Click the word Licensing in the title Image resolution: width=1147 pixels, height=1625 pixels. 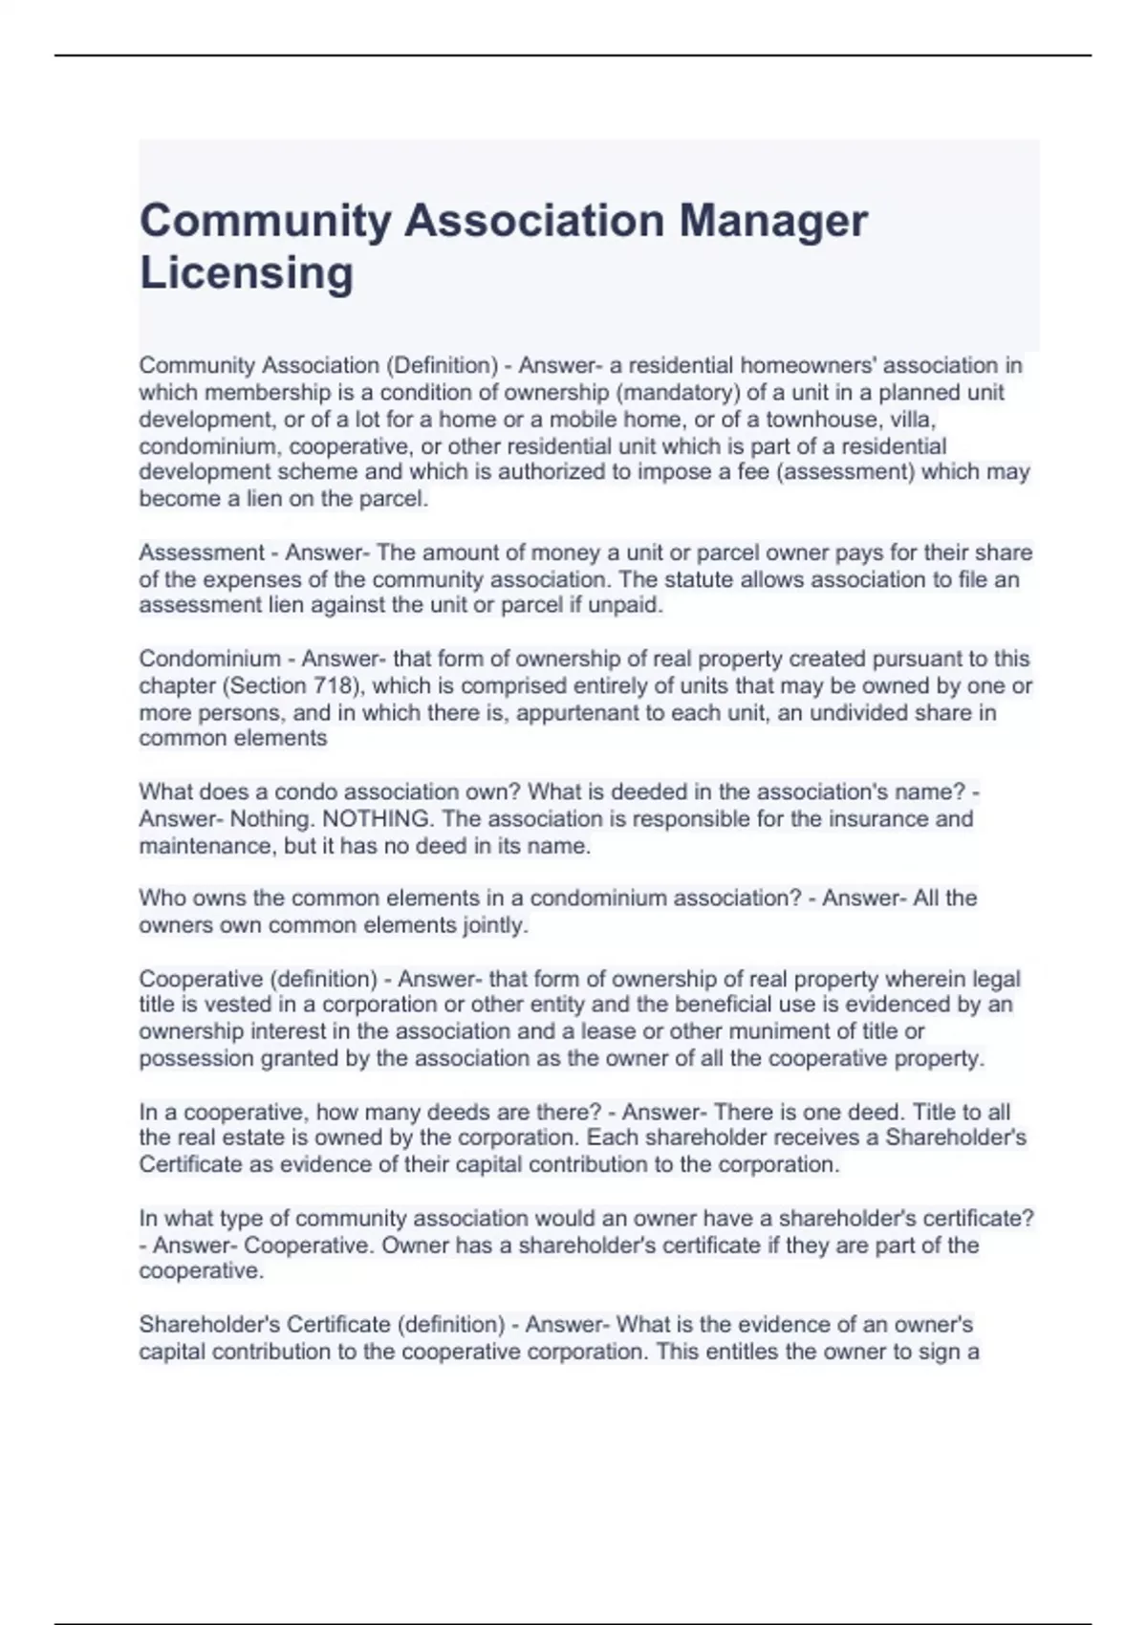(x=247, y=273)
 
